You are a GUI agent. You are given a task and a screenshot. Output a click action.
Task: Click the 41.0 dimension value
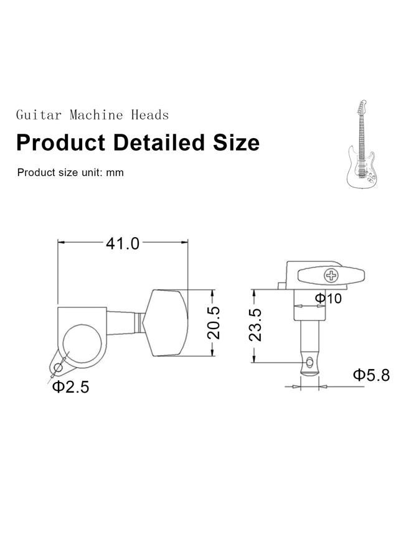[x=123, y=244]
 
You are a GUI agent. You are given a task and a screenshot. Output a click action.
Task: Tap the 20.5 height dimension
[x=214, y=322]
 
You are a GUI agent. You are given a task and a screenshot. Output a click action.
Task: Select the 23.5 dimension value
[x=255, y=325]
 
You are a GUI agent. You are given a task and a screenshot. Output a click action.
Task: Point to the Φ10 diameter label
[x=328, y=297]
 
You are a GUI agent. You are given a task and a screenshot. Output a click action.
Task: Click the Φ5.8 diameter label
[x=371, y=375]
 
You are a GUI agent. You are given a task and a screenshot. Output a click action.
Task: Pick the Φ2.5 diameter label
[x=70, y=387]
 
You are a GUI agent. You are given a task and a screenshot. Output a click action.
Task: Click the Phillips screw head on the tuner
[x=331, y=276]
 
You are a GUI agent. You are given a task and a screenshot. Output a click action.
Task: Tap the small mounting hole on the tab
[x=58, y=367]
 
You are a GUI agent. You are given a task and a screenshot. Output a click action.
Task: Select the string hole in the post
[x=309, y=363]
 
